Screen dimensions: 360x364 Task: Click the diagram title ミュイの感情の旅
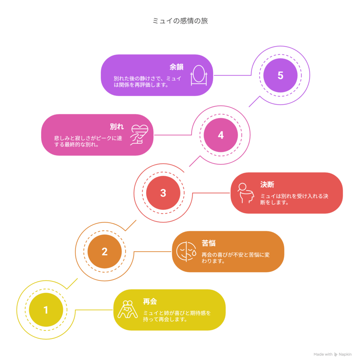[180, 21]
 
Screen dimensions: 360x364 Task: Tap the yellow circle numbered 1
[46, 310]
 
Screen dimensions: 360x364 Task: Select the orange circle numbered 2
[104, 251]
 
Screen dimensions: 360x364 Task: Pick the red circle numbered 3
[163, 193]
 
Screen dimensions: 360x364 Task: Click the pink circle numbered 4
[221, 135]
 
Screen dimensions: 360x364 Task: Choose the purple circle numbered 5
[280, 75]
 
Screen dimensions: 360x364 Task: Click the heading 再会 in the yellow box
[150, 301]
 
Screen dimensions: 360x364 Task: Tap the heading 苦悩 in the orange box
[209, 243]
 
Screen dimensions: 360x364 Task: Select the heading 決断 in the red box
[267, 184]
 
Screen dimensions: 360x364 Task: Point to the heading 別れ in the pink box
[117, 127]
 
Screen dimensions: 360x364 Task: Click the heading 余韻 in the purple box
[176, 67]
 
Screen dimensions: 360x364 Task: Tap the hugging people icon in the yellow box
[128, 309]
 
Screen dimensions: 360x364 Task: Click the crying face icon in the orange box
[186, 251]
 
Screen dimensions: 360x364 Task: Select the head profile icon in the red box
[246, 193]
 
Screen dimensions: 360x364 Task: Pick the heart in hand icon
[139, 135]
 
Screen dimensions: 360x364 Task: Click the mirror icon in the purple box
[199, 75]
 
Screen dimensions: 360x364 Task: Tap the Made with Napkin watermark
[332, 354]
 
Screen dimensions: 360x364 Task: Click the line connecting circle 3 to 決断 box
[211, 193]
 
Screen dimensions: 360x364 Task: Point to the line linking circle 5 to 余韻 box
[232, 75]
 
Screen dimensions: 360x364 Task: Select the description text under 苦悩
[235, 258]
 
